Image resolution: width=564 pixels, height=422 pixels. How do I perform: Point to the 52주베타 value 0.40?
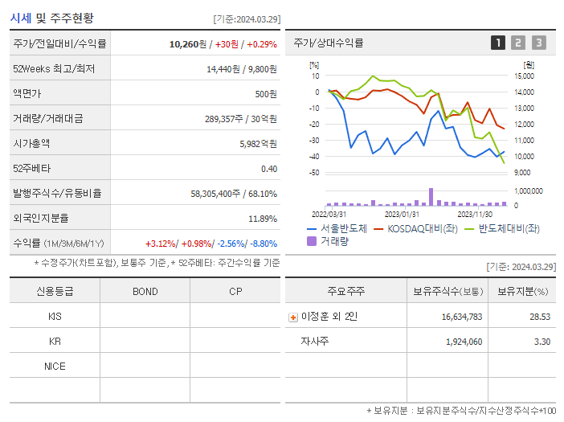point(268,169)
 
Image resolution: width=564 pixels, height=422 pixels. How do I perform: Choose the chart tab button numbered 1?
point(498,43)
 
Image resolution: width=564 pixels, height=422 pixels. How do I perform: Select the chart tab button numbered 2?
point(518,43)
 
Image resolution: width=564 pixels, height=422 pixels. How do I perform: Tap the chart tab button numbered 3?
point(538,43)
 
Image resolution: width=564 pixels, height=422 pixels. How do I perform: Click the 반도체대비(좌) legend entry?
point(503,228)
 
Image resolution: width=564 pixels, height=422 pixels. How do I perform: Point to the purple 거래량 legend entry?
point(331,240)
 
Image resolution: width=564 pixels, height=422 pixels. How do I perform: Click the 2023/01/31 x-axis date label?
point(402,214)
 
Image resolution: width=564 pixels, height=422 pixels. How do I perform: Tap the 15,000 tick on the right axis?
point(524,76)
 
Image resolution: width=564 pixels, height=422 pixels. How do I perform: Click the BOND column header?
point(145,291)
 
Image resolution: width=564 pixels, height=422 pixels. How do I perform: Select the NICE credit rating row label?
point(55,366)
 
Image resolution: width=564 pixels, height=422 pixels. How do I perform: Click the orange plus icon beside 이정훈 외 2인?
point(293,317)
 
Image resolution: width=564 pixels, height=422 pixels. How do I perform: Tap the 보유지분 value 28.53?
point(540,317)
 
